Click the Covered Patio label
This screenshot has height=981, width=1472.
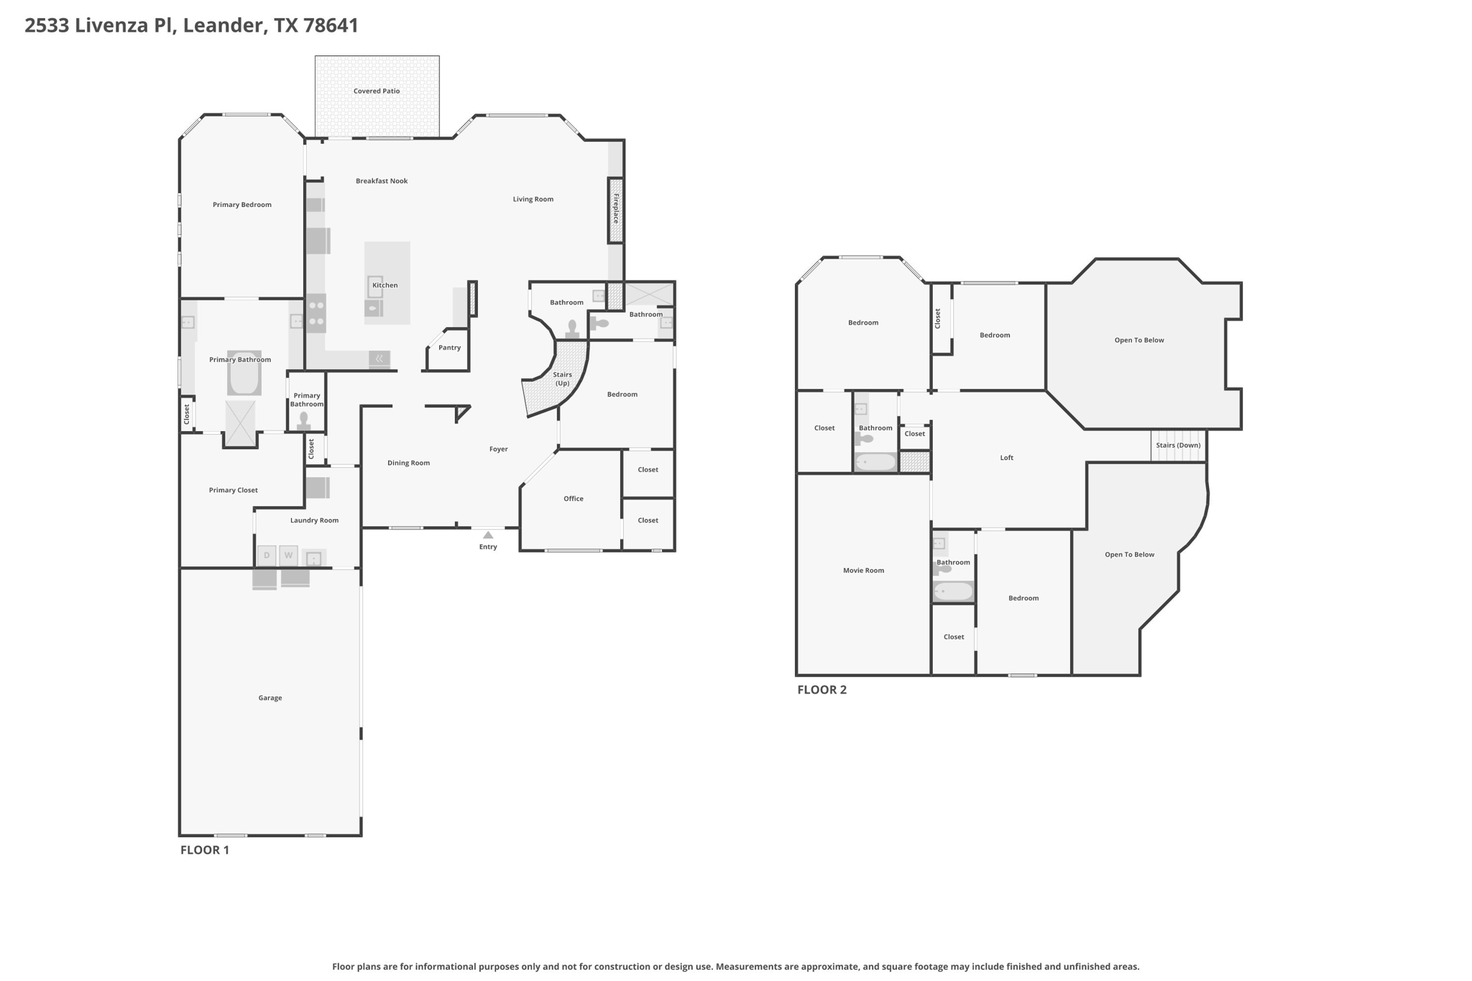377,91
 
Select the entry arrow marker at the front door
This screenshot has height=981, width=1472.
488,535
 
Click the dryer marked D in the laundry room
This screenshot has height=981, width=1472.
267,556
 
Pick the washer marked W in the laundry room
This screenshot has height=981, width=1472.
288,556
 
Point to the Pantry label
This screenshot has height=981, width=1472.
449,348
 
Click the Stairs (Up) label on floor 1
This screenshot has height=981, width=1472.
562,379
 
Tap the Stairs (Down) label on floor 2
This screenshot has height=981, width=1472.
1178,446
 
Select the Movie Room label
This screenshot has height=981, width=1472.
863,571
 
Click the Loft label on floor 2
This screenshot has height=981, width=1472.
1006,458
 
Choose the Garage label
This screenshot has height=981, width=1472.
270,698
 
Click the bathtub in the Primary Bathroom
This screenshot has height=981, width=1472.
244,373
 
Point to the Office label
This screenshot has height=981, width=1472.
574,499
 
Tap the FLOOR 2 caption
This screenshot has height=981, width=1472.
822,690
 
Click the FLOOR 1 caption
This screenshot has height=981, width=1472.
204,850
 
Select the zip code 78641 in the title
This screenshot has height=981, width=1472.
331,25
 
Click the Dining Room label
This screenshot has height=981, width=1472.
408,463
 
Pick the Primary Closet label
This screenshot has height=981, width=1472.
233,490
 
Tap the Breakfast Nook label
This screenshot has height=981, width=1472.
382,181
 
